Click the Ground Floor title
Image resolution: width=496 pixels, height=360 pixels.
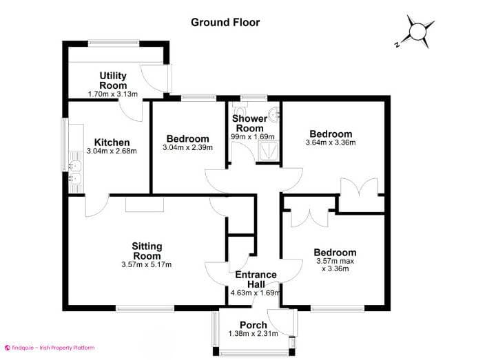[225, 22]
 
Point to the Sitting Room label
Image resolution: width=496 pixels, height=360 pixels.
[147, 251]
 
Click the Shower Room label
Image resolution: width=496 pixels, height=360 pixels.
[251, 123]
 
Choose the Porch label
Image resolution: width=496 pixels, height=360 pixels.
[253, 325]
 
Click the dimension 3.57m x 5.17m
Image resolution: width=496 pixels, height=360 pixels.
[147, 264]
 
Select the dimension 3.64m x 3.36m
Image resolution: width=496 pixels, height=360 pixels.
[331, 143]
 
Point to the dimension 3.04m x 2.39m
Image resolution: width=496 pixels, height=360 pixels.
[187, 147]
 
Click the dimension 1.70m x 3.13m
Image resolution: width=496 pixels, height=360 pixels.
[113, 94]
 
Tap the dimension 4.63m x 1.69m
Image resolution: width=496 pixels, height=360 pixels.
[256, 293]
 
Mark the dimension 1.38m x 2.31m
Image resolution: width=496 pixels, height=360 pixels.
[253, 334]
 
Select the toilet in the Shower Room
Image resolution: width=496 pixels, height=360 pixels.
[239, 112]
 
